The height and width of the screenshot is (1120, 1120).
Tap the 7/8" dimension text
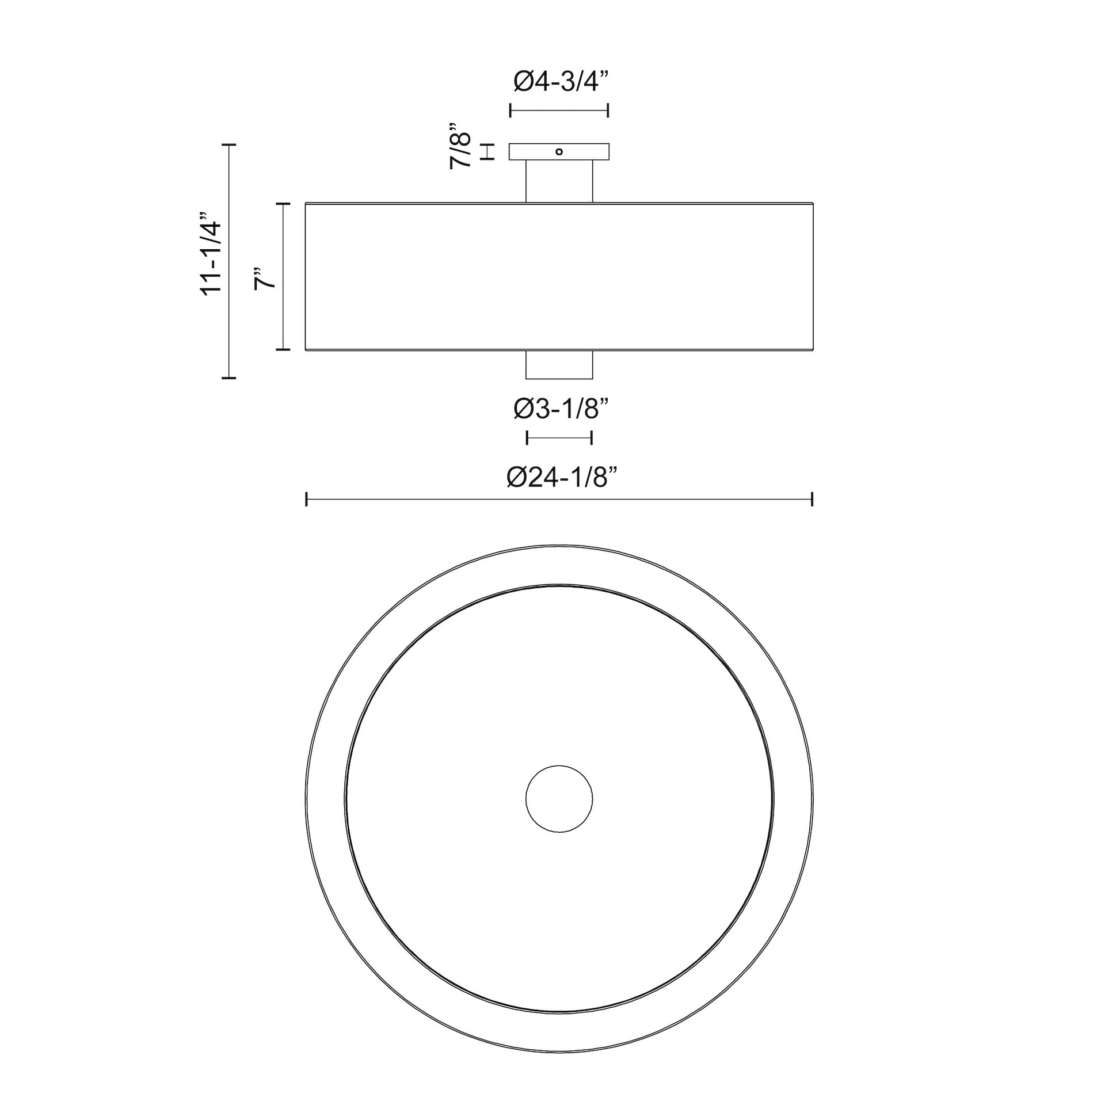462,146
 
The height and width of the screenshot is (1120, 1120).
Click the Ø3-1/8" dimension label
561,410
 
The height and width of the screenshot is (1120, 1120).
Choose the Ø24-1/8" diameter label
561,478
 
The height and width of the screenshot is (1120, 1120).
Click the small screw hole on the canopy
559,152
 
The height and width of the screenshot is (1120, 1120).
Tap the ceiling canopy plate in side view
534,152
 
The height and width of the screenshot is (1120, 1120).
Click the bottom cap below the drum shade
559,365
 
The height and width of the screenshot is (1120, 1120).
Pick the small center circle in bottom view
559,798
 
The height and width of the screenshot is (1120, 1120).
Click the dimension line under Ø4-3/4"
559,111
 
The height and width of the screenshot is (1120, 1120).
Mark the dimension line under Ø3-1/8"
559,437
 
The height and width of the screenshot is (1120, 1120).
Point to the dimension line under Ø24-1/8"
559,498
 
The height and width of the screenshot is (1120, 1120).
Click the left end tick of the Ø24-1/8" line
306,498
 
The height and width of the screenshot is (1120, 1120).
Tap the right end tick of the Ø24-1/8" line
812,498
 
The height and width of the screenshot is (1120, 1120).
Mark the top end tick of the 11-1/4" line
230,144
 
